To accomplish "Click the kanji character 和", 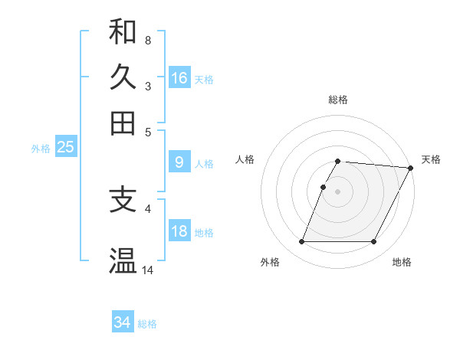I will coord(123,32).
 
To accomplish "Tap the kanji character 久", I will coord(123,77).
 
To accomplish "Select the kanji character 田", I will coord(123,123).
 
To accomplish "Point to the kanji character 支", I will coord(123,200).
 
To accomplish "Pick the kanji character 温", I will coord(123,261).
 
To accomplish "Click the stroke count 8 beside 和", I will coord(147,40).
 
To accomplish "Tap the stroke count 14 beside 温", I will coord(148,270).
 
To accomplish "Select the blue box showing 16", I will coord(179,77).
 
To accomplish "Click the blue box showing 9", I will coord(179,162).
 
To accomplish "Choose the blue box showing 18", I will coord(179,231).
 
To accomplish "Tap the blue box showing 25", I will coord(65,147).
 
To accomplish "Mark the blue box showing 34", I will coord(123,322).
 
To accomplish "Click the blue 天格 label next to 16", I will coord(204,80).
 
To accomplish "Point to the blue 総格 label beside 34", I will coord(147,325).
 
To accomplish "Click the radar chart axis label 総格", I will coord(338,100).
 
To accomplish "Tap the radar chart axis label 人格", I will coord(245,159).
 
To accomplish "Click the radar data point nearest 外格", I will coord(302,242).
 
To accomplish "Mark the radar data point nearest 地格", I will coord(374,242).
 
